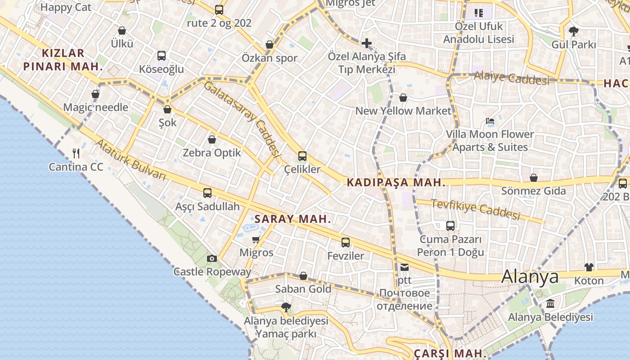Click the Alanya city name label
tap(530, 276)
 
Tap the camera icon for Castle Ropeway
tap(211, 258)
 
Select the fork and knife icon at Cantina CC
tap(76, 153)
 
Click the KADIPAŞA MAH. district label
tap(396, 183)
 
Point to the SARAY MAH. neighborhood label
tap(293, 219)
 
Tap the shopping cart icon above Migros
tap(256, 239)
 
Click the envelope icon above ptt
tap(404, 267)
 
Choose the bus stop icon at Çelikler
tap(302, 156)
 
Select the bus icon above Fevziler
tap(345, 243)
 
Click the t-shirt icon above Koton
tap(589, 267)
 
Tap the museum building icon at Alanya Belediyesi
tap(550, 304)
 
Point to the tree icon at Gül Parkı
tap(573, 31)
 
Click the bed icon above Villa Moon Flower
tap(490, 121)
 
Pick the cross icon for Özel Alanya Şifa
tap(367, 43)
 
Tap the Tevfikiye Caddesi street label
tap(476, 209)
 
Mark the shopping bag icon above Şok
tap(167, 109)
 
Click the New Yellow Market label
tap(403, 111)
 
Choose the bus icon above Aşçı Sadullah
tap(207, 193)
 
